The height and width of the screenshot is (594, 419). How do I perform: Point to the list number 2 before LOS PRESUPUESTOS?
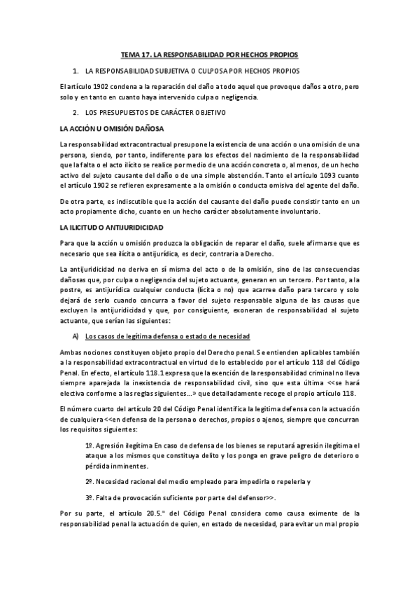(x=75, y=112)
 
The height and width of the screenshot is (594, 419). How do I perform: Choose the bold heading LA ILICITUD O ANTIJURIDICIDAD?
(x=112, y=228)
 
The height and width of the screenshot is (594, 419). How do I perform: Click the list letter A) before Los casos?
(x=76, y=336)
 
